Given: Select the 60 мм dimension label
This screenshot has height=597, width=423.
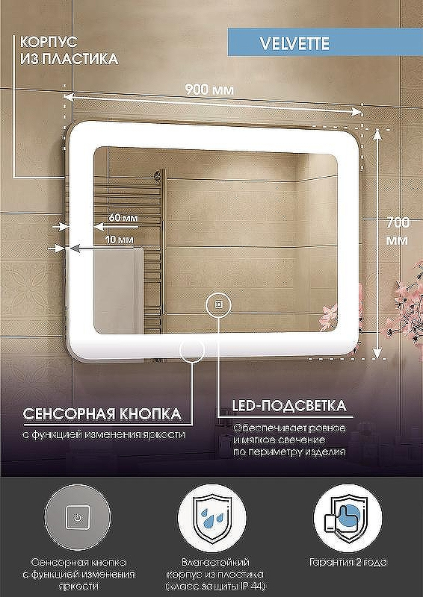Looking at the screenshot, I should click(123, 217).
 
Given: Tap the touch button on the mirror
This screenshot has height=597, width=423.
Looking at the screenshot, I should click(218, 304).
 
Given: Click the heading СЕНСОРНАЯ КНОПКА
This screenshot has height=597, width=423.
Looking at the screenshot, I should click(102, 413).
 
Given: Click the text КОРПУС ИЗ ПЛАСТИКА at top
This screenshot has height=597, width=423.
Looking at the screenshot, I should click(69, 50).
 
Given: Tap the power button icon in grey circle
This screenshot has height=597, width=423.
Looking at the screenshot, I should click(78, 516).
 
